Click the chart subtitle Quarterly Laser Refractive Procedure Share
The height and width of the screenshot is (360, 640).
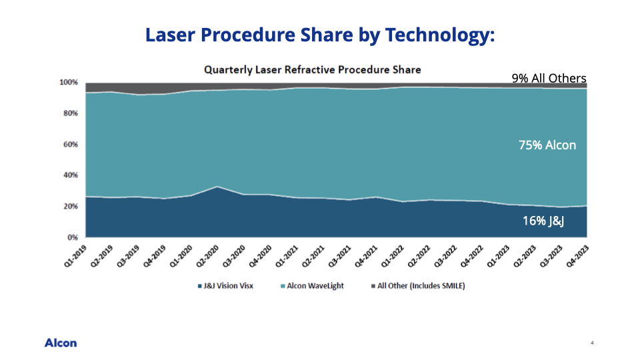coord(312,70)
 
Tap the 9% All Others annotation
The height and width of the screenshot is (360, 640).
coord(549,78)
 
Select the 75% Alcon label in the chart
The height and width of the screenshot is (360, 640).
coord(547,145)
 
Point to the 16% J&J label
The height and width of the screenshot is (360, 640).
coord(543,221)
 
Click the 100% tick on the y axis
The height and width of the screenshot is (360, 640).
coord(69,83)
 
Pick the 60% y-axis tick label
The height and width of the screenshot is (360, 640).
coord(70,145)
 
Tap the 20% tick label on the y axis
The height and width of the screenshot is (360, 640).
coord(70,206)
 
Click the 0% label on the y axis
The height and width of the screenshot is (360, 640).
coord(72,237)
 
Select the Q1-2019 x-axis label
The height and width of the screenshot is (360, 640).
coord(76,256)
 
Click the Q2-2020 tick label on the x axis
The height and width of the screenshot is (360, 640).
coord(208,256)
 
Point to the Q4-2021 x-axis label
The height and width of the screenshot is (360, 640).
coord(367,256)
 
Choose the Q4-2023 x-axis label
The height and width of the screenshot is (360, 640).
coord(578,256)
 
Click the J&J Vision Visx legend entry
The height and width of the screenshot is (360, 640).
coord(225,286)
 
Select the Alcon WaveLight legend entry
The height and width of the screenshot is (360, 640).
coord(312,286)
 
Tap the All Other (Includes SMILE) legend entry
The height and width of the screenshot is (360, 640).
coord(418,286)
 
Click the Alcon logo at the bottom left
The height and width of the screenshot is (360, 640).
coord(61,343)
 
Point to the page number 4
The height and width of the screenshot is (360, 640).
coord(592,343)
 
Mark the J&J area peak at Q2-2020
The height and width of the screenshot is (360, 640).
coord(217,187)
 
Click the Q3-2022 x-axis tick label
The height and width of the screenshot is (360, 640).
coord(446,256)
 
